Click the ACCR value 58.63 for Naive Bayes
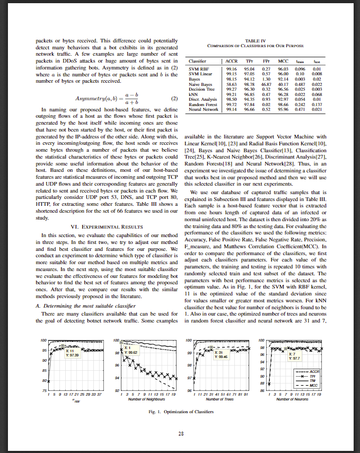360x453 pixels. point(231,84)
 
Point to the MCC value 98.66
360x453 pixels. point(285,106)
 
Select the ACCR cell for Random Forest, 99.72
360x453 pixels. point(231,106)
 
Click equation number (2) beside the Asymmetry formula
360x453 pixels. point(173,99)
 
